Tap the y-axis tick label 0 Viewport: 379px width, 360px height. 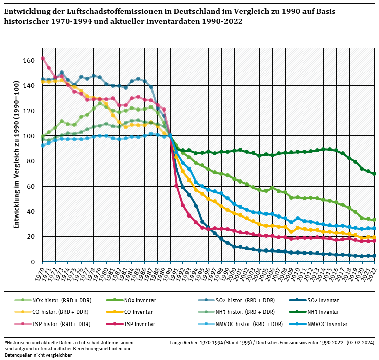pyautogui.click(x=33, y=262)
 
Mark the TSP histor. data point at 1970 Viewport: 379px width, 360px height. pyautogui.click(x=43, y=58)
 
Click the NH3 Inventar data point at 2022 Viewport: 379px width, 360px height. pyautogui.click(x=375, y=174)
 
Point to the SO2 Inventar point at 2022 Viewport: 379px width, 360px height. pyautogui.click(x=375, y=256)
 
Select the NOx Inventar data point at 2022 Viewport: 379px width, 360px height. pyautogui.click(x=375, y=220)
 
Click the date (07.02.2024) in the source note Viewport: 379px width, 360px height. pyautogui.click(x=360, y=343)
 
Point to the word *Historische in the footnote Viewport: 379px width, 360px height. pyautogui.click(x=18, y=343)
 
